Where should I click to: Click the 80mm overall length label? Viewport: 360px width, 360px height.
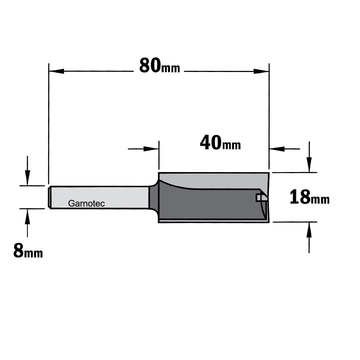point(159,66)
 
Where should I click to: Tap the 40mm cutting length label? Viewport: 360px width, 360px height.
point(220,143)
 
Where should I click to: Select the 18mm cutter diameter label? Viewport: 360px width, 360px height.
point(310,197)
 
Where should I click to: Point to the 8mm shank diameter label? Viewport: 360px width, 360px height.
point(28,251)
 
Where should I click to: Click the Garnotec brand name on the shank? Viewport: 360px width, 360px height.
point(86,203)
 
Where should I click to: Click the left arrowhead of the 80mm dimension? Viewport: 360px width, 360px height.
point(57,71)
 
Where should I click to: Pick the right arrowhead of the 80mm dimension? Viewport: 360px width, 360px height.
point(261,71)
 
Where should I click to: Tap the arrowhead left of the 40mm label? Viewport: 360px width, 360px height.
point(151,149)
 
